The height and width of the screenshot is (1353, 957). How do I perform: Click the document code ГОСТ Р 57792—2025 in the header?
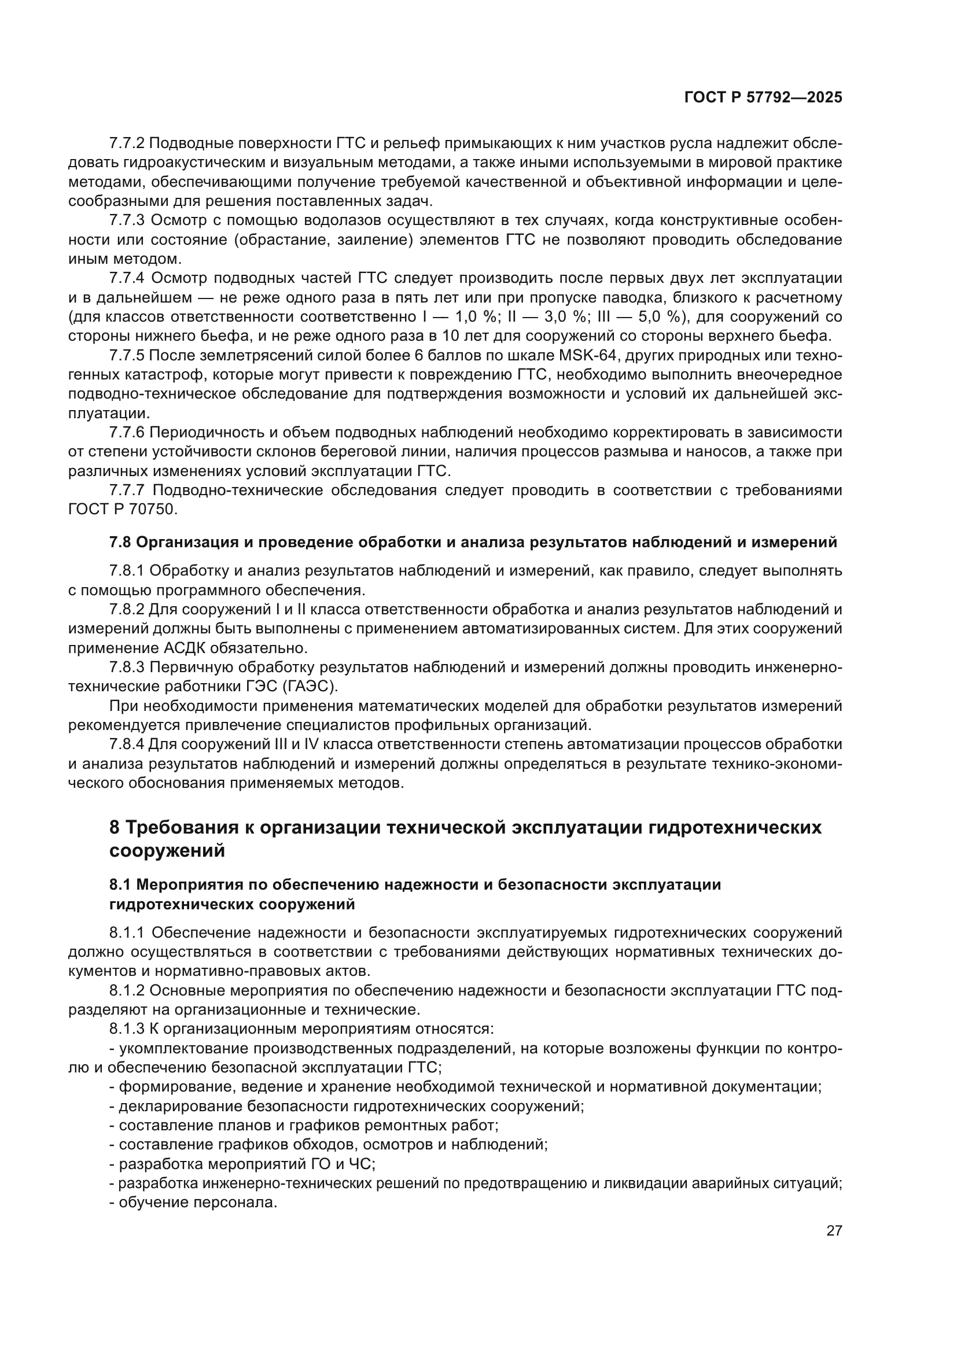tap(763, 98)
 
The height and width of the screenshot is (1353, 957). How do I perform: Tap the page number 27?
tap(834, 1230)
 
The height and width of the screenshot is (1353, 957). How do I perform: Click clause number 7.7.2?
tap(127, 143)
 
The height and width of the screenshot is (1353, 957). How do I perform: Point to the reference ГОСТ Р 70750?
tap(123, 509)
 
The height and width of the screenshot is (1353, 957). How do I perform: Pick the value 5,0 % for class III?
tap(660, 317)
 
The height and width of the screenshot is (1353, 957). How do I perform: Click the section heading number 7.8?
tap(121, 542)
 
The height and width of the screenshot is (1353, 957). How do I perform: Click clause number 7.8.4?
tap(127, 744)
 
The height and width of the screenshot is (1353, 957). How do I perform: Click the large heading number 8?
tap(115, 827)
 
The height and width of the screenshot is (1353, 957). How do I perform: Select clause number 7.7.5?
tap(127, 355)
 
